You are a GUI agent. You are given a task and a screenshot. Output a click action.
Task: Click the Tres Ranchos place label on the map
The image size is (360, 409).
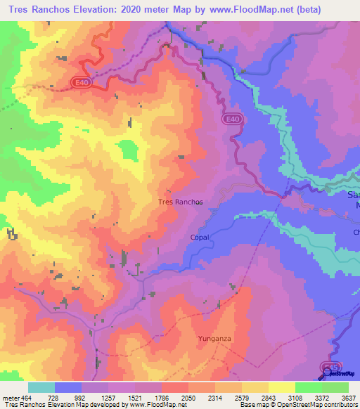[181, 202]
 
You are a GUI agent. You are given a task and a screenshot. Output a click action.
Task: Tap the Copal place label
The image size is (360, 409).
[200, 238]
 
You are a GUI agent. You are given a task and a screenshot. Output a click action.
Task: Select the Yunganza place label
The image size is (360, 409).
[214, 338]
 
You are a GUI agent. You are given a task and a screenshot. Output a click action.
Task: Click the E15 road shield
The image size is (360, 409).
[330, 368]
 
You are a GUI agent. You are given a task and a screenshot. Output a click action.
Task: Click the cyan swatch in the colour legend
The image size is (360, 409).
[41, 387]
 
